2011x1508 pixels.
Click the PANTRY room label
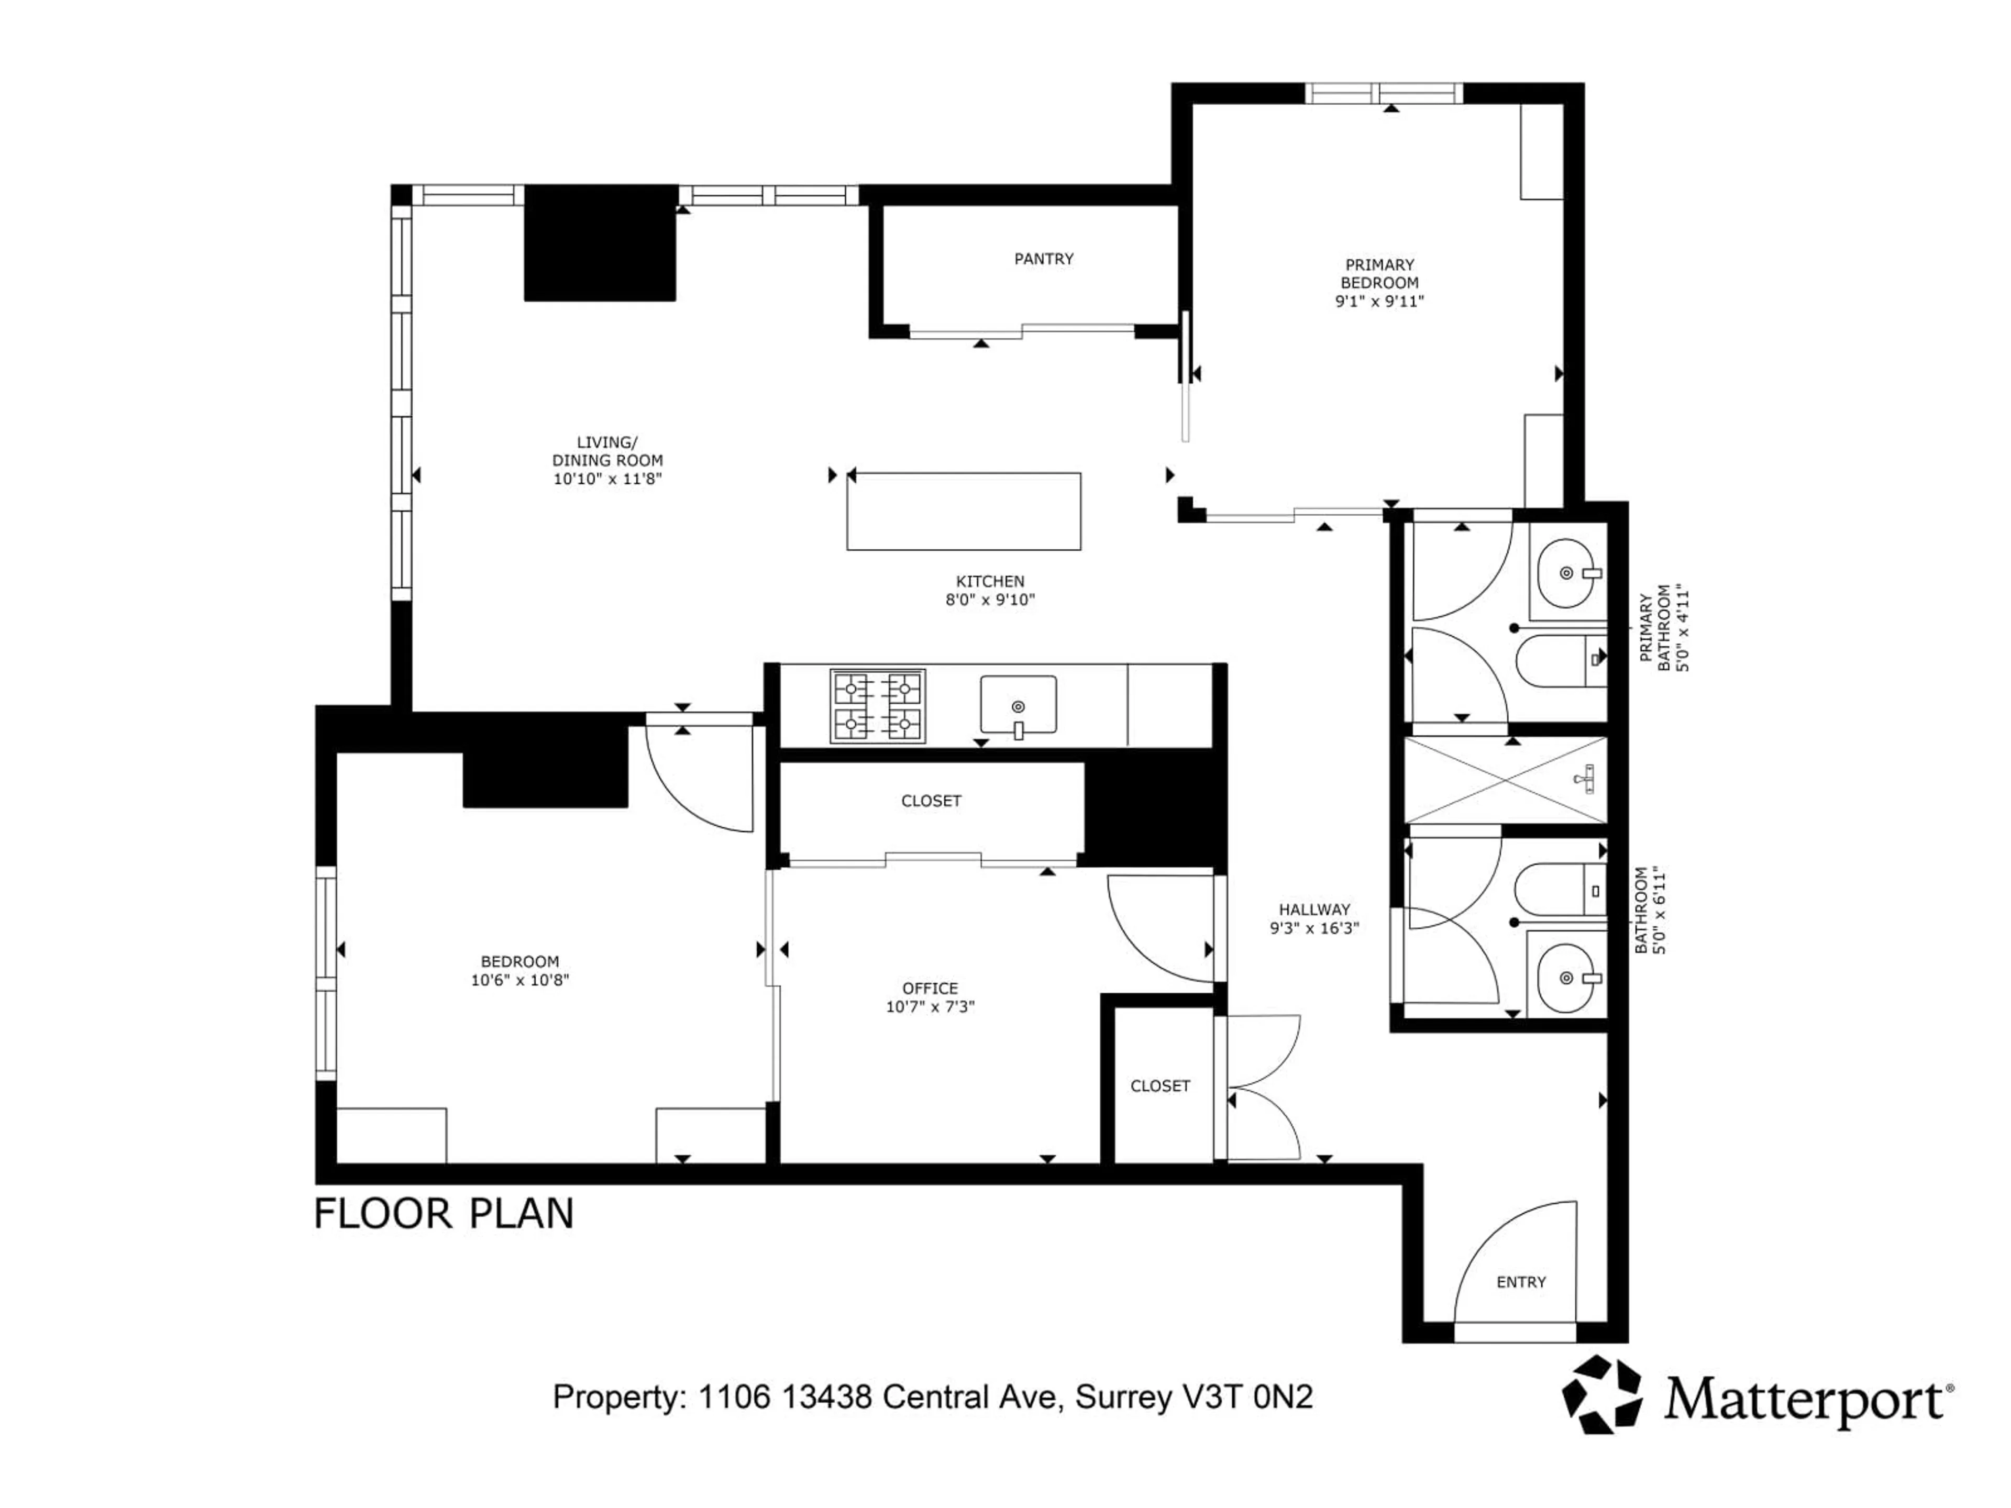tap(1044, 259)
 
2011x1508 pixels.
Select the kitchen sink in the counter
tap(1018, 704)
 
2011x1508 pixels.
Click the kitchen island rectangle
tap(964, 511)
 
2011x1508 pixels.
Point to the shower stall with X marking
tap(1506, 780)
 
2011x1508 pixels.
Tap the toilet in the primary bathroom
tap(1556, 660)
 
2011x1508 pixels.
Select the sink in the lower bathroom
tap(1565, 978)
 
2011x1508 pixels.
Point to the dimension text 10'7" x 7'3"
tap(930, 1007)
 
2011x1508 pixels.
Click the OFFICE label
tap(930, 988)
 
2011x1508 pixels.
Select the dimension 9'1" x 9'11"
tap(1379, 301)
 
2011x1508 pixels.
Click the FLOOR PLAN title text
tap(444, 1214)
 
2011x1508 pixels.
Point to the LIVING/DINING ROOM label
tap(607, 452)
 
